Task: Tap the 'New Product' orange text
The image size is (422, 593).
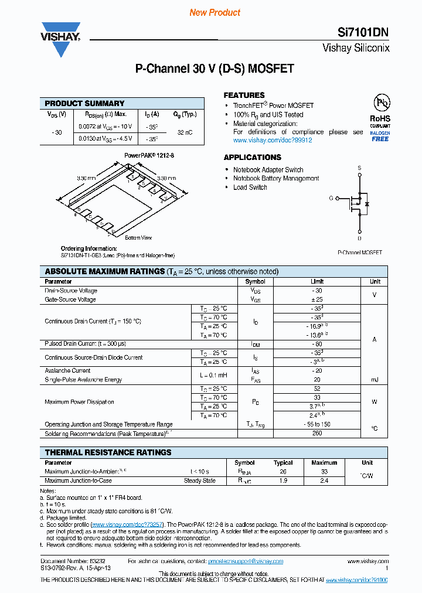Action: [215, 12]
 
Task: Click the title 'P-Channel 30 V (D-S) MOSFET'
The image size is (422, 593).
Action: [215, 69]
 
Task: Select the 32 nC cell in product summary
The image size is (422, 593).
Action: [185, 133]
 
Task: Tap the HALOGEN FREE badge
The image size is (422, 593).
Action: [380, 136]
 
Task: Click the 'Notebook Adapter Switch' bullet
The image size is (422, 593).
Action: [268, 169]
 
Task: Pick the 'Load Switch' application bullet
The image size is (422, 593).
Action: [250, 187]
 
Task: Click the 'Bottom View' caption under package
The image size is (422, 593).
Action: [138, 238]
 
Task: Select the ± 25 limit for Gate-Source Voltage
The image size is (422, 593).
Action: [317, 299]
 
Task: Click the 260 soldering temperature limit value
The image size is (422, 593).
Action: [317, 434]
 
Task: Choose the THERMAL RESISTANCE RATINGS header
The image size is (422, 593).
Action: [108, 452]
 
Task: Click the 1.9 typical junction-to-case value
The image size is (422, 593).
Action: [283, 480]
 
